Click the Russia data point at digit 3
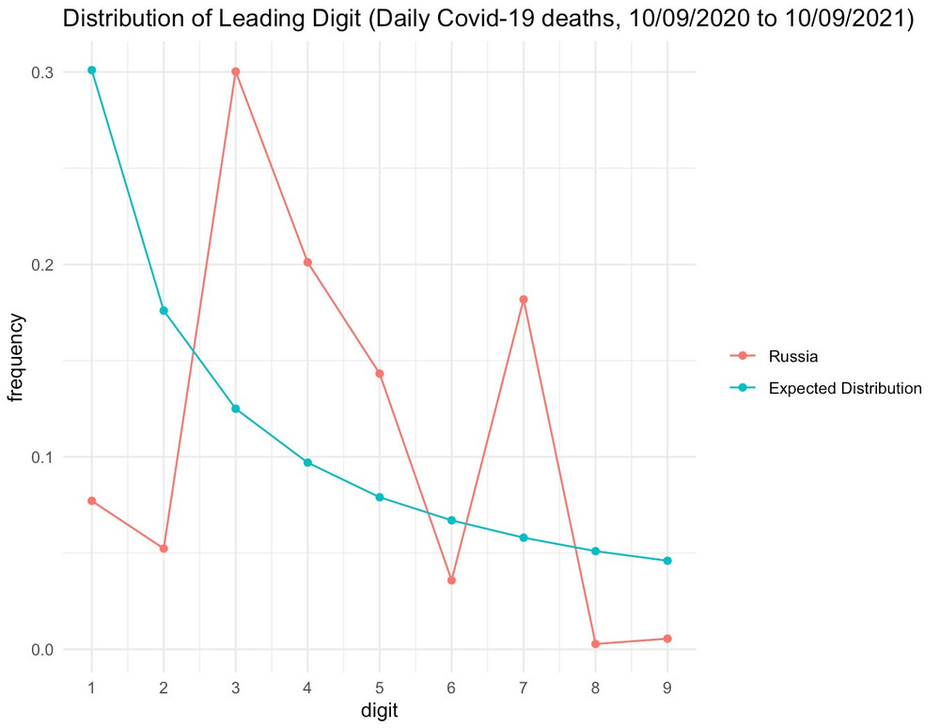click(236, 71)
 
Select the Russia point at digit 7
click(524, 300)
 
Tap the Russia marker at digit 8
click(596, 643)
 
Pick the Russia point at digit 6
click(452, 581)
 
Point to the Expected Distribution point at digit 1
click(92, 70)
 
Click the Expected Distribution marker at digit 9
click(667, 561)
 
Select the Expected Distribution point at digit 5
click(380, 497)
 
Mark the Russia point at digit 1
click(92, 501)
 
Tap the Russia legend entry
click(792, 356)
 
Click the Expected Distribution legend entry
click(844, 388)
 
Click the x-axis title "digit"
click(380, 710)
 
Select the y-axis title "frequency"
click(16, 359)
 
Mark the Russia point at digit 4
click(307, 263)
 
